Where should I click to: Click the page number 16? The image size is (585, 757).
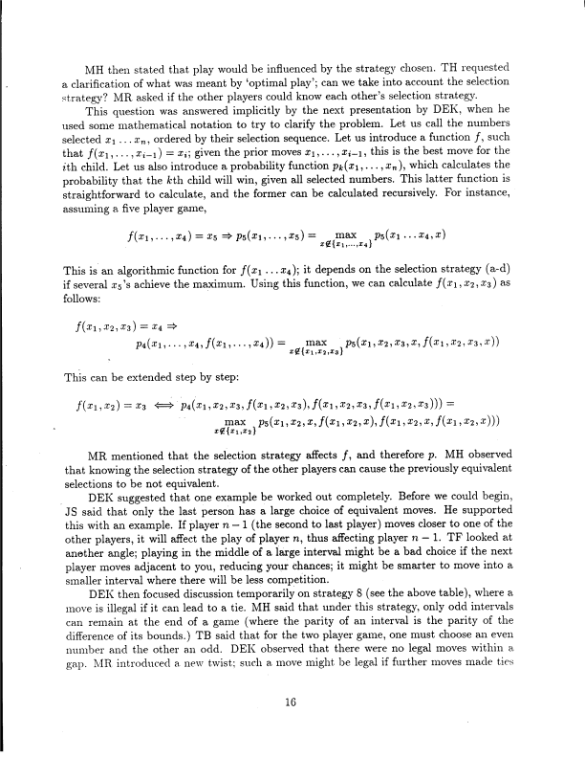click(x=292, y=701)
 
